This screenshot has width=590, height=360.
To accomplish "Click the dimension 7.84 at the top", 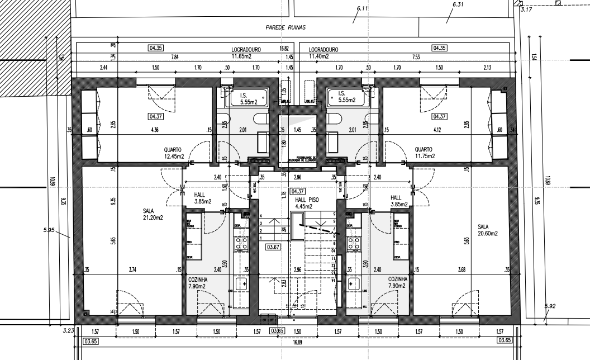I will pyautogui.click(x=175, y=57).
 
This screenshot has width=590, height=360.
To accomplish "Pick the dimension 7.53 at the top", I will pyautogui.click(x=416, y=57).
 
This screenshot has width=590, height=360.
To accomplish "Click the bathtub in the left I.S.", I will pyautogui.click(x=244, y=98).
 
